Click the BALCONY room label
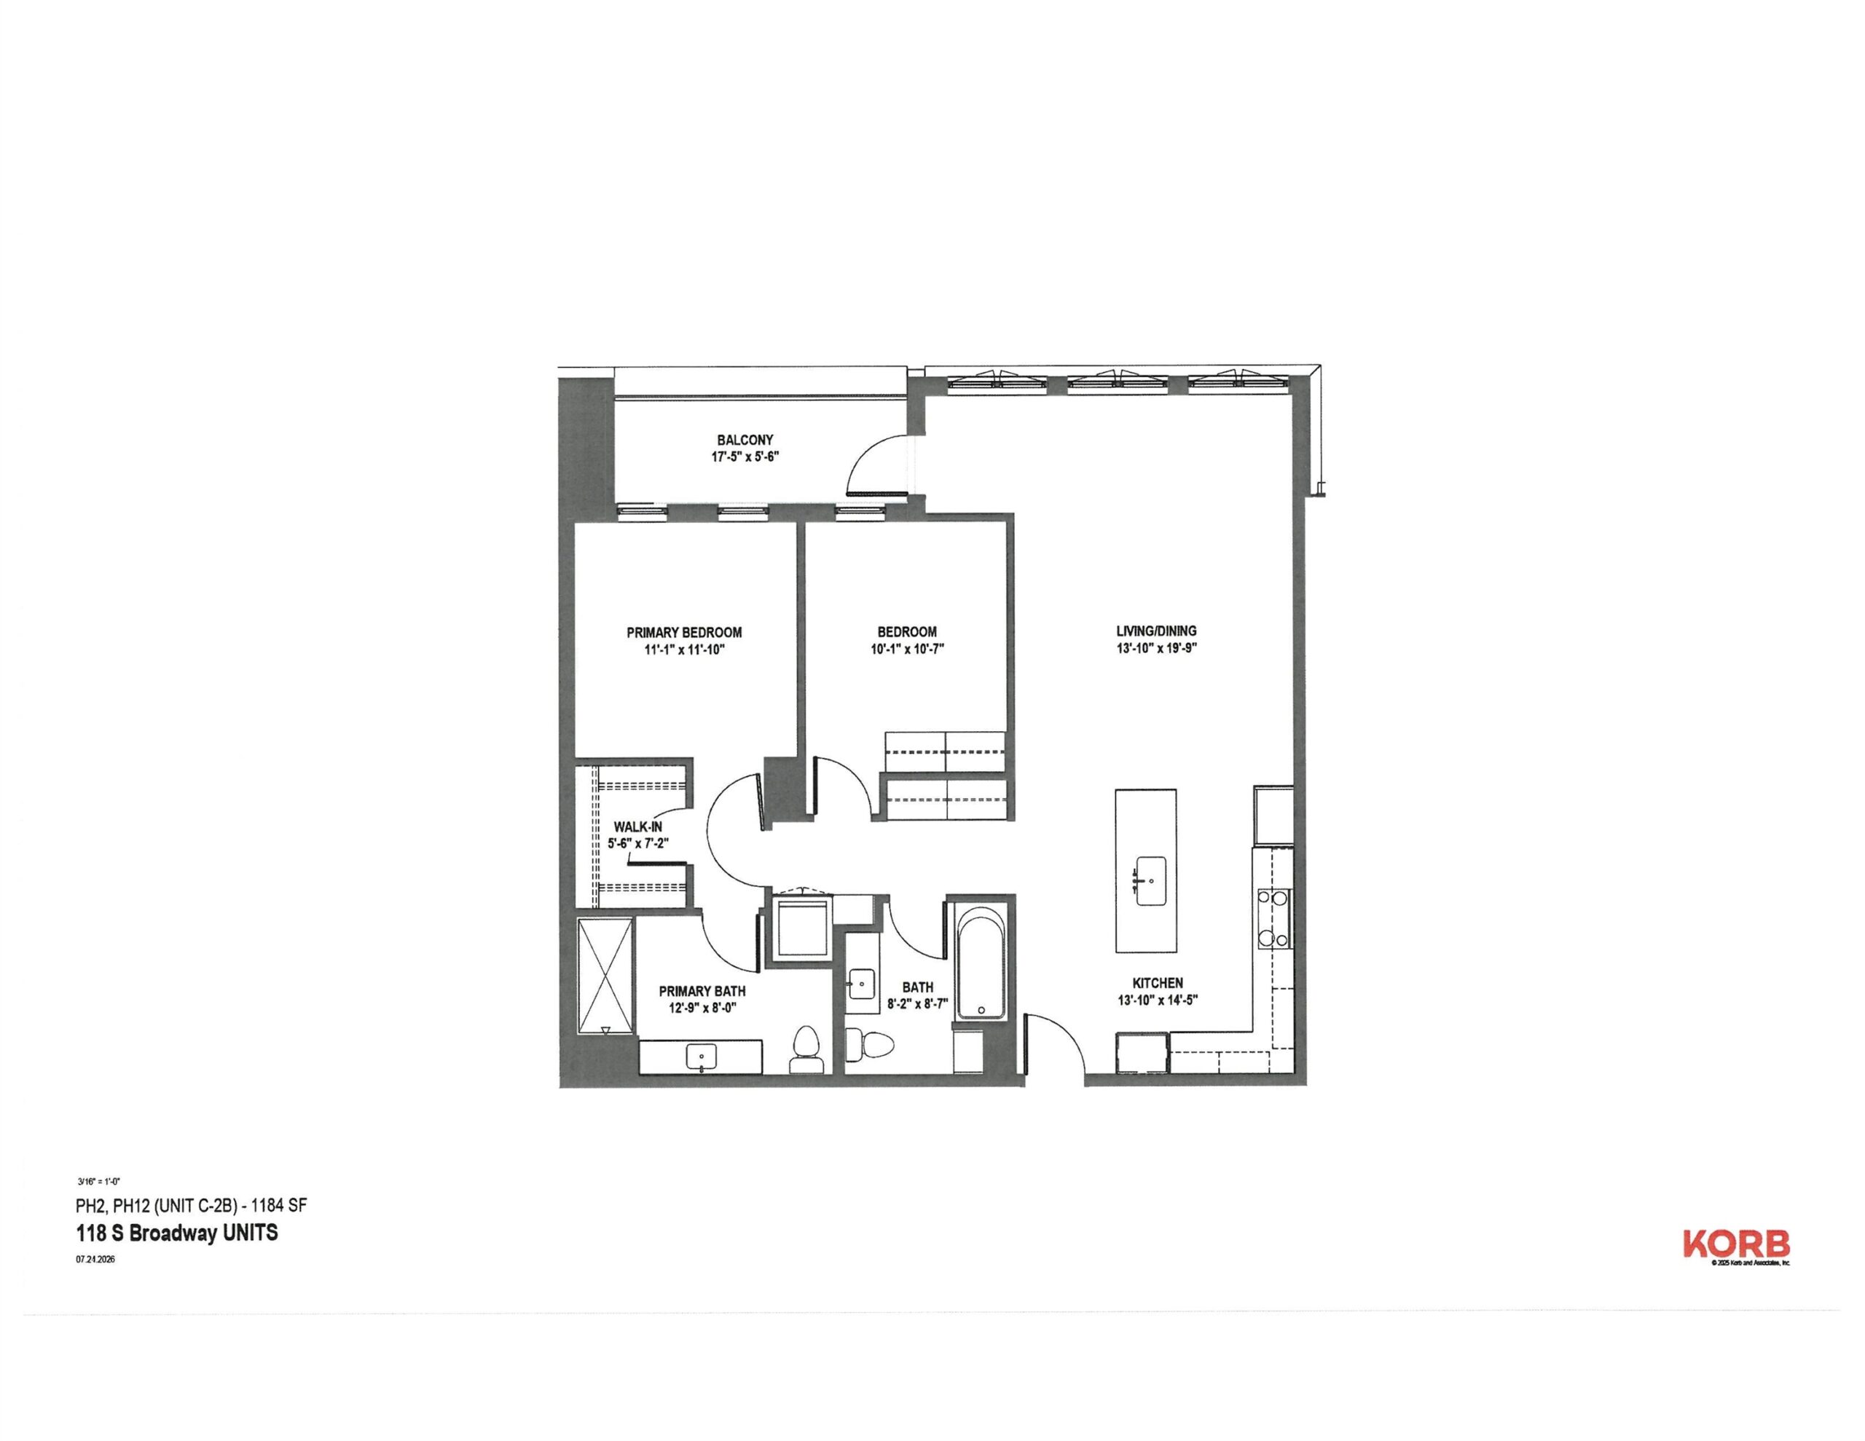pos(745,440)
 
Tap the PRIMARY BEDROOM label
pos(684,633)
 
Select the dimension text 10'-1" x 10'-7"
pos(907,649)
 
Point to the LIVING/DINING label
pos(1156,631)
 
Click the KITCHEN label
pos(1157,984)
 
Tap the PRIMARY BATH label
pos(702,991)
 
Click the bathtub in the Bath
pos(981,963)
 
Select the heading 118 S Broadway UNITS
pos(177,1233)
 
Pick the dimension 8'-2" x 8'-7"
pos(918,1005)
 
